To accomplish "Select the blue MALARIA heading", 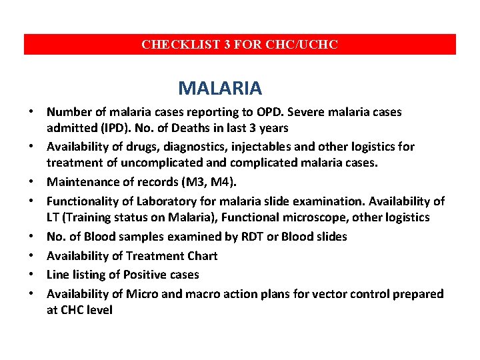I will pos(220,87).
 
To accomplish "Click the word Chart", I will pos(201,255).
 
